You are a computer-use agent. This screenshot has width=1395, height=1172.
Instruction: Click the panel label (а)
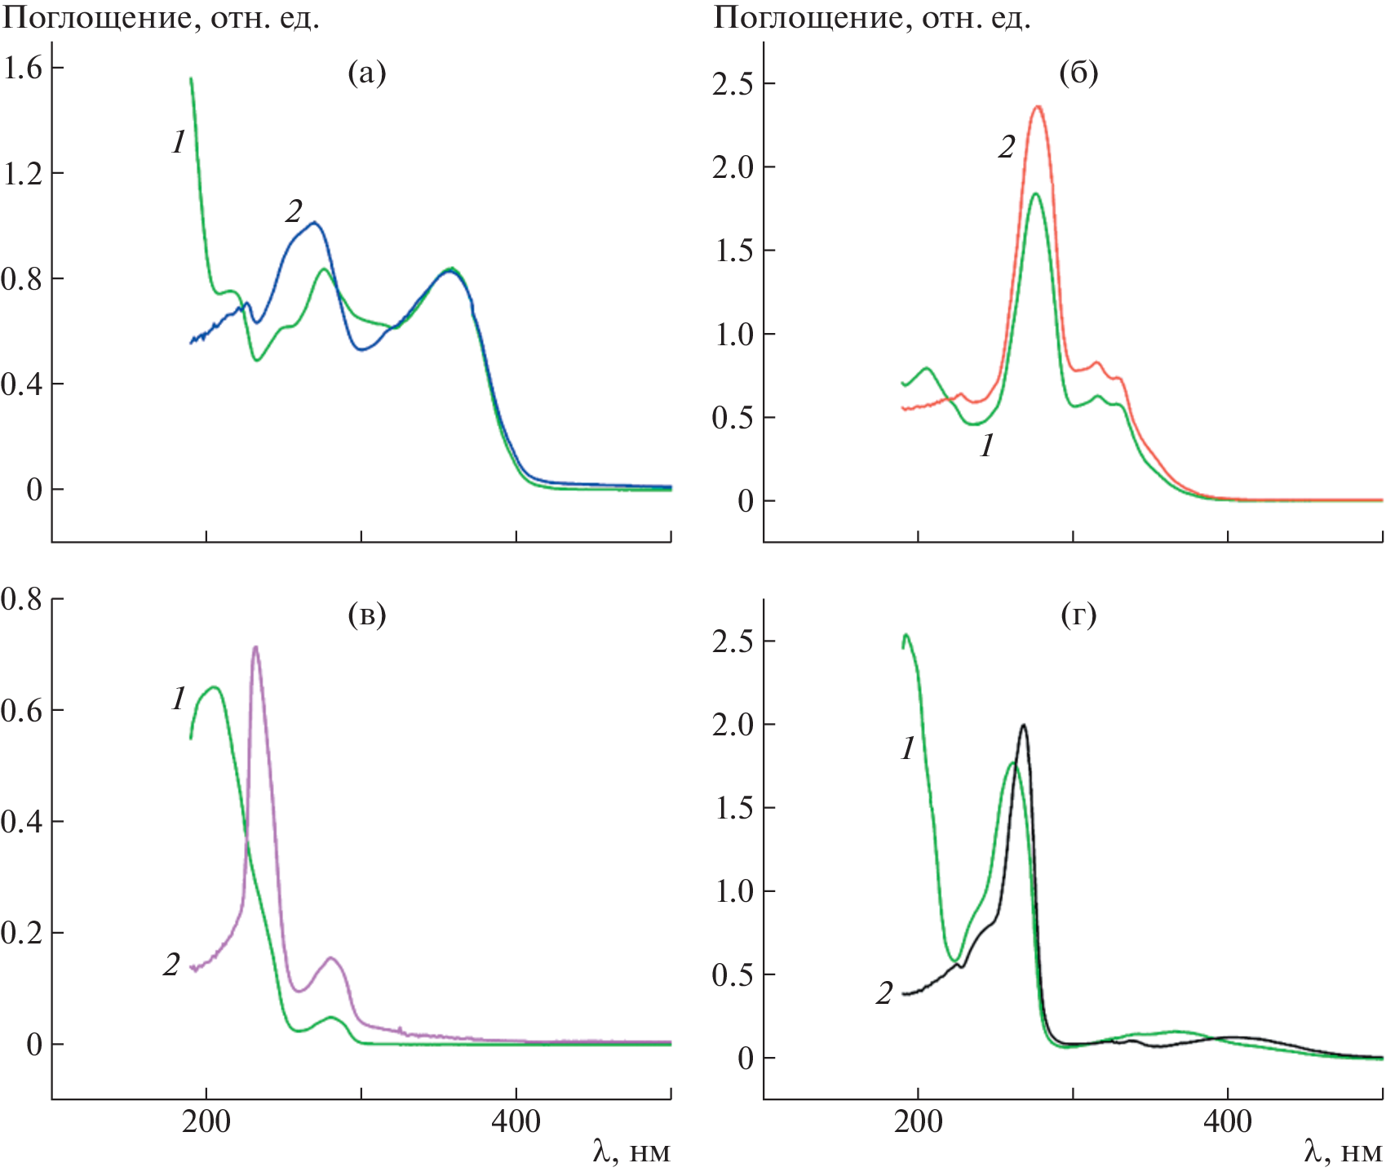coord(366,73)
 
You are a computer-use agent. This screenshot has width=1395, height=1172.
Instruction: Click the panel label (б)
coord(1078,73)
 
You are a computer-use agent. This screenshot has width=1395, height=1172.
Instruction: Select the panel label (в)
coord(366,614)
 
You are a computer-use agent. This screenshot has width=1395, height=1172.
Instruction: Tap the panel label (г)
coord(1078,614)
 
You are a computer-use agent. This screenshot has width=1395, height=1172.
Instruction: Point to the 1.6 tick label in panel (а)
coord(23,68)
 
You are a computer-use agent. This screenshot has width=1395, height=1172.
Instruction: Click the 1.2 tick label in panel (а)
coord(23,173)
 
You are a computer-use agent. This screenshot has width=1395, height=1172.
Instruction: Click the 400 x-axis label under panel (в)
coord(516,1121)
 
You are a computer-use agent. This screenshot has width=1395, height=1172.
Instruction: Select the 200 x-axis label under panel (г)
coord(919,1121)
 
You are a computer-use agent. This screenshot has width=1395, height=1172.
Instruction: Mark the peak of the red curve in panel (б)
coord(1038,106)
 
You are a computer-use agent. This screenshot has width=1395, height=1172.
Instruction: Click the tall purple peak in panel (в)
coord(256,647)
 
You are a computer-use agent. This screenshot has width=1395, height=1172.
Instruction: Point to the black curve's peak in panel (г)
coord(1023,725)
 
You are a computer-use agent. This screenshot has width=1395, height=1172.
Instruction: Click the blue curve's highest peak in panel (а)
coord(314,222)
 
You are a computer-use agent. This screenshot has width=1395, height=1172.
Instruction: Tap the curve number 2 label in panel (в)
coord(171,965)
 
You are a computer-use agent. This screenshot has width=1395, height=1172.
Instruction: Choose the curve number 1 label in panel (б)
coord(987,446)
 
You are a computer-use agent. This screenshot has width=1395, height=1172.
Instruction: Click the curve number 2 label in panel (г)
coord(884,993)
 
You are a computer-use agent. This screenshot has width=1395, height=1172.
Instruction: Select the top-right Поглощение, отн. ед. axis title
coord(871,18)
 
